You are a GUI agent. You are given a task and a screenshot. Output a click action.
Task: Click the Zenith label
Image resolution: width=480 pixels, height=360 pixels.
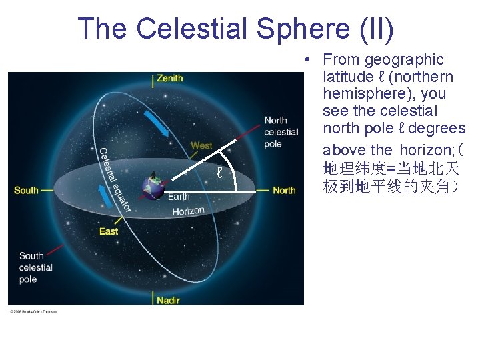(x=169, y=79)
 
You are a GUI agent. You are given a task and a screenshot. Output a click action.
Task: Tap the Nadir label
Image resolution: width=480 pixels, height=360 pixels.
(x=168, y=300)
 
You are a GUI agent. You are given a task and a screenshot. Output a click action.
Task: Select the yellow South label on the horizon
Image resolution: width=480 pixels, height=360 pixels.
(x=26, y=191)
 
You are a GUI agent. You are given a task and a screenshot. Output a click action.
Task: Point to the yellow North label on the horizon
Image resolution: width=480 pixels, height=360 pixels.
(x=284, y=191)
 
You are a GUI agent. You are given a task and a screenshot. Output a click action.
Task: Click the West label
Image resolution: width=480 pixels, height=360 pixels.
(x=201, y=145)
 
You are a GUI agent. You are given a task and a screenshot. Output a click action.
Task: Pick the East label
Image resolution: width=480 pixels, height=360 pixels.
(x=109, y=231)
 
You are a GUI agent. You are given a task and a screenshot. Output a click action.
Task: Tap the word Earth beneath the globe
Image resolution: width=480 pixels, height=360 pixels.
(x=179, y=197)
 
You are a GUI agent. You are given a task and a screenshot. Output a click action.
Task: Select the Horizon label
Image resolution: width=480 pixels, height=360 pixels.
(x=188, y=211)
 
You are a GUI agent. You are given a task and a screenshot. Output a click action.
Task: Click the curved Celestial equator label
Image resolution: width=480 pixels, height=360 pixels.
(x=114, y=179)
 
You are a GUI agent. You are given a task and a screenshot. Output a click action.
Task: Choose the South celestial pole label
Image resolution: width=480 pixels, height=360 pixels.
(x=36, y=267)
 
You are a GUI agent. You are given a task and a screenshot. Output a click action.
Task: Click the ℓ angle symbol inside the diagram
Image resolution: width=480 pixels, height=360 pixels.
(x=219, y=173)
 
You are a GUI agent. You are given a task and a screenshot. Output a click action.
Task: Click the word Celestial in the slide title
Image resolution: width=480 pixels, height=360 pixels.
(x=191, y=29)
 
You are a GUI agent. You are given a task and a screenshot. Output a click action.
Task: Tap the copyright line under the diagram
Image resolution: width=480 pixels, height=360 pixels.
(x=33, y=311)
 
